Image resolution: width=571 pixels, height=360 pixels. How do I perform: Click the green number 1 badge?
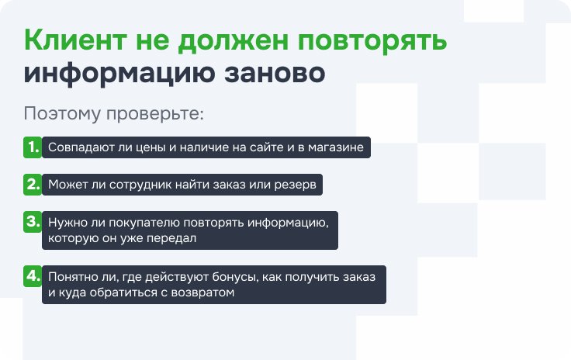[x=33, y=147]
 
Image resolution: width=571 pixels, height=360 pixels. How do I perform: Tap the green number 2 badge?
[x=33, y=185]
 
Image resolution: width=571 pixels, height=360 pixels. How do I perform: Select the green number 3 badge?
[x=33, y=222]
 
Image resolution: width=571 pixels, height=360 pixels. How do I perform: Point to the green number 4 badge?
[x=33, y=276]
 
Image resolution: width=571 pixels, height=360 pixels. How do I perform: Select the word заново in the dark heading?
[x=275, y=73]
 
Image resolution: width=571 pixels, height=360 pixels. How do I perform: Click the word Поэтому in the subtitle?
[x=62, y=113]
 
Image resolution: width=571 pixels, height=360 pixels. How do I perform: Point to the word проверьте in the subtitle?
[x=154, y=114]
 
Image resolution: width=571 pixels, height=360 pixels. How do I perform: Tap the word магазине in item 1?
[x=336, y=147]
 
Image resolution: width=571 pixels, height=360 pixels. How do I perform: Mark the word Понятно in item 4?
[x=71, y=277]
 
